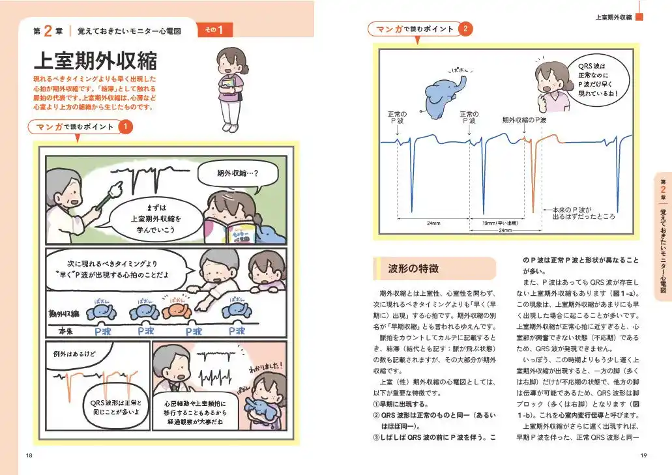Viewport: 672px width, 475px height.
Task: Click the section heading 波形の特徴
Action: (413, 268)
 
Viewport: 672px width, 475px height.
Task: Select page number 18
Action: (29, 455)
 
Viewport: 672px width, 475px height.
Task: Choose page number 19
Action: (643, 455)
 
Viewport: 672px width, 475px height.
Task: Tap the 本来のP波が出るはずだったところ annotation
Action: (583, 213)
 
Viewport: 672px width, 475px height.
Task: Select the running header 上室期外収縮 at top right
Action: (614, 16)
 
